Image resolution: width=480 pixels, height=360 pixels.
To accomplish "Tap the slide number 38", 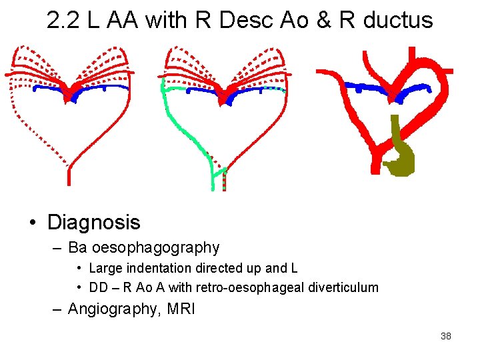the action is [446, 336].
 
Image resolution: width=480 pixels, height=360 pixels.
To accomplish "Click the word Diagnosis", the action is [94, 222].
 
